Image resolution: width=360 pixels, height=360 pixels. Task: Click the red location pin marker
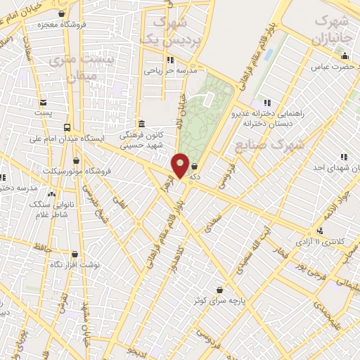pos(181,166)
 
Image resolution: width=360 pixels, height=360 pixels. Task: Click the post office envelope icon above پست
pos(43,102)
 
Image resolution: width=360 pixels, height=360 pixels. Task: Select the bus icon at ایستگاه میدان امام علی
pos(66,127)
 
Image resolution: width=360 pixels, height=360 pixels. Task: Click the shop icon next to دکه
pos(194,167)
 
